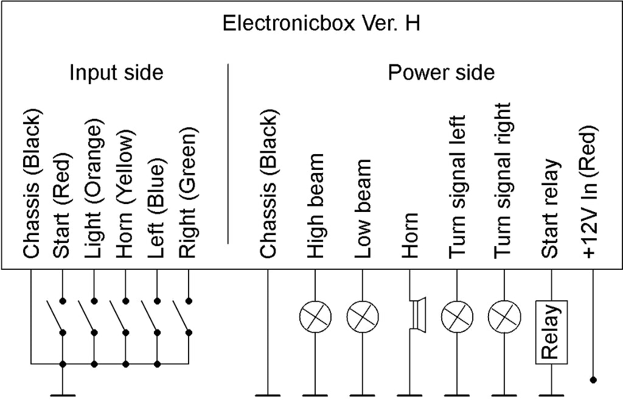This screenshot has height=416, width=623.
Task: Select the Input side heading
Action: click(116, 73)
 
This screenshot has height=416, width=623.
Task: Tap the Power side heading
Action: click(441, 73)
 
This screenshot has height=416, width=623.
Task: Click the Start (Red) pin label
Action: click(62, 206)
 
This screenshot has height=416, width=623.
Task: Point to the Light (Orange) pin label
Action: click(94, 191)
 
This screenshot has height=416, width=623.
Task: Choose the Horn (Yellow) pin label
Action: click(125, 196)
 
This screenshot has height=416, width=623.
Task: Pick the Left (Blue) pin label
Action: click(157, 211)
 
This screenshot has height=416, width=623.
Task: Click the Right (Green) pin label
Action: click(189, 193)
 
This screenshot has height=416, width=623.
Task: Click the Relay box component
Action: click(551, 332)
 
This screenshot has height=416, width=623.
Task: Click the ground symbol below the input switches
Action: click(62, 395)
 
